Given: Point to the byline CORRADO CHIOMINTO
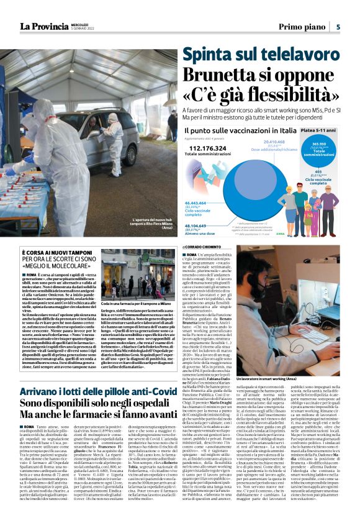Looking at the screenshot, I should pyautogui.click(x=208, y=247).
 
